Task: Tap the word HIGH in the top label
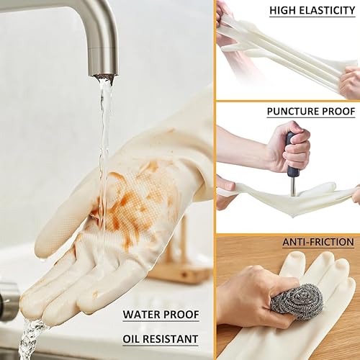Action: click(x=283, y=10)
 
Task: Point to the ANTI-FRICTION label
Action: click(x=318, y=242)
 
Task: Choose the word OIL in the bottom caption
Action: click(x=134, y=338)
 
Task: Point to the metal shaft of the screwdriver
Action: click(x=292, y=186)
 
